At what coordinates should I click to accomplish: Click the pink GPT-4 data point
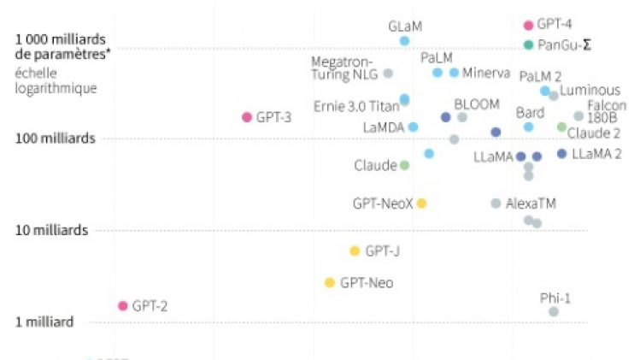click(x=528, y=26)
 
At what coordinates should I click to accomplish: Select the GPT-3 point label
click(x=273, y=117)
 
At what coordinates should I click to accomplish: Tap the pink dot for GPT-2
click(x=122, y=305)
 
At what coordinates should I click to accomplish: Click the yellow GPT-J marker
click(x=355, y=251)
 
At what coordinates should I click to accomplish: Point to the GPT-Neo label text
click(x=367, y=282)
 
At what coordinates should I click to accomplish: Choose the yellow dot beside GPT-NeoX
click(x=421, y=203)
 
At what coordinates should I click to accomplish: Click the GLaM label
click(x=405, y=27)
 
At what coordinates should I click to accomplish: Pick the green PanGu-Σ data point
click(x=528, y=44)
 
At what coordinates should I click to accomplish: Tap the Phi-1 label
click(x=555, y=298)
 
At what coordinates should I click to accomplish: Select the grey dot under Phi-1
click(x=554, y=311)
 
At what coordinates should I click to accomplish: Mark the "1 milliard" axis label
click(x=44, y=322)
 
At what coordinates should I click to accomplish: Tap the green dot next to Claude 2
click(x=561, y=127)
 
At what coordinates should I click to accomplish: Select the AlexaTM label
click(x=530, y=204)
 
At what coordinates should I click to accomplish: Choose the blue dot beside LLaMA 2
click(x=561, y=154)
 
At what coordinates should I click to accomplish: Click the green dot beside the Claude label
click(x=404, y=165)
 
